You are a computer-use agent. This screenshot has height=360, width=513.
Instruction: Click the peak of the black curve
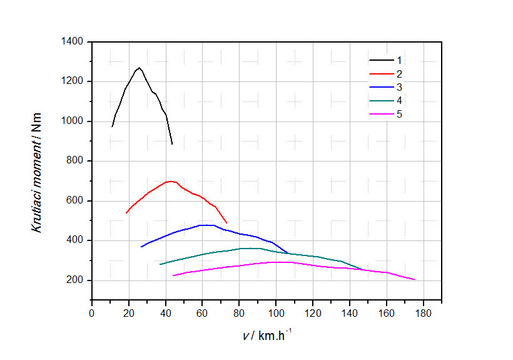click(x=140, y=68)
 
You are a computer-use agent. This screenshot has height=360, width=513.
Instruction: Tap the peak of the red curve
click(x=170, y=181)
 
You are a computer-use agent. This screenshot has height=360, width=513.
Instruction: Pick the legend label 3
click(x=399, y=87)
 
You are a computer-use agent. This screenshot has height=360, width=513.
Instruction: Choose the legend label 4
click(x=399, y=101)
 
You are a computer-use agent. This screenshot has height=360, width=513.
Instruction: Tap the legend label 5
click(x=399, y=115)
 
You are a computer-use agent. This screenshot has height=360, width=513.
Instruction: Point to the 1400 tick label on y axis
click(x=74, y=41)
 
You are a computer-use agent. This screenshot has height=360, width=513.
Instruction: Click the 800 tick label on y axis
click(x=76, y=161)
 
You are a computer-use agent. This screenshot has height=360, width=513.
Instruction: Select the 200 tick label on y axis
click(x=76, y=280)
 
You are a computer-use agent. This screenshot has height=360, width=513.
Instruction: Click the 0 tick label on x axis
click(x=92, y=313)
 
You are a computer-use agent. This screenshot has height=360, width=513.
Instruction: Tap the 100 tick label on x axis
click(x=277, y=313)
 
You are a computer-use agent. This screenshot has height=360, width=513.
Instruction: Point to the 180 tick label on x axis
click(x=424, y=313)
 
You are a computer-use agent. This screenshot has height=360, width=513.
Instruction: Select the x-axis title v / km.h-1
click(x=267, y=336)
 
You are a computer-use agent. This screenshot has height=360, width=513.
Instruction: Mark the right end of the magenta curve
click(x=414, y=280)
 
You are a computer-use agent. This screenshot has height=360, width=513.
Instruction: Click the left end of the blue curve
click(x=141, y=247)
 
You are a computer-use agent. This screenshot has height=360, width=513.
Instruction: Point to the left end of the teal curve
click(x=160, y=264)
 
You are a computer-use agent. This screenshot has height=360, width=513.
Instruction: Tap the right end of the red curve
click(x=226, y=223)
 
